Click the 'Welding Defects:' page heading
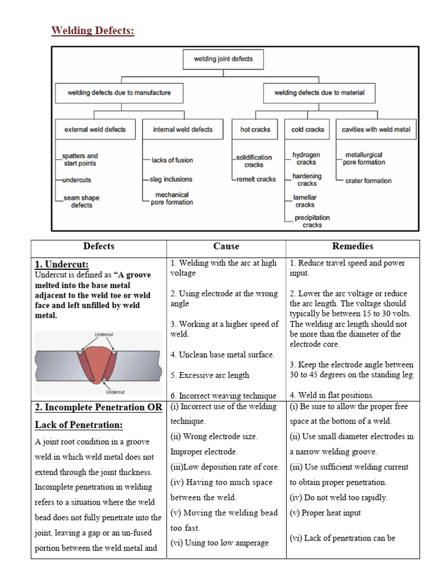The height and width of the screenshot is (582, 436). click(x=93, y=30)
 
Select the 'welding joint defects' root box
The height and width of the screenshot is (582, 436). click(x=223, y=58)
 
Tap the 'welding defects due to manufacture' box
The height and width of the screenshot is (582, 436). click(x=119, y=92)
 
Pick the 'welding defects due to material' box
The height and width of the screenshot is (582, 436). click(x=319, y=92)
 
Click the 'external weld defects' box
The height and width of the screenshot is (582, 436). click(x=95, y=130)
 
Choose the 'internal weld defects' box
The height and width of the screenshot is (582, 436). click(x=182, y=130)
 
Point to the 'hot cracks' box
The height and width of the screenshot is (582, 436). click(x=255, y=130)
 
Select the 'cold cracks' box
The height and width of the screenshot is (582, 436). click(x=307, y=130)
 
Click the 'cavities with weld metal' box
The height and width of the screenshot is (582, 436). click(x=375, y=130)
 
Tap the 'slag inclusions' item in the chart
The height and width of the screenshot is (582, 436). click(x=171, y=179)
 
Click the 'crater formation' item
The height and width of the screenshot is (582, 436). click(x=368, y=181)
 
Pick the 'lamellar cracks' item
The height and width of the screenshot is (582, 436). click(x=304, y=201)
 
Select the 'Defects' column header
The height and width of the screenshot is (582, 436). click(x=99, y=247)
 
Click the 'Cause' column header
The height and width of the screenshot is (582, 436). click(x=226, y=247)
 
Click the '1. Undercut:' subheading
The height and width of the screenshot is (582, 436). click(x=62, y=264)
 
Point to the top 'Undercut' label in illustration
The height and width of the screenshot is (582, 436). click(x=103, y=335)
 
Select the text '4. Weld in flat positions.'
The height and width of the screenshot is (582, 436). click(x=332, y=395)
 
